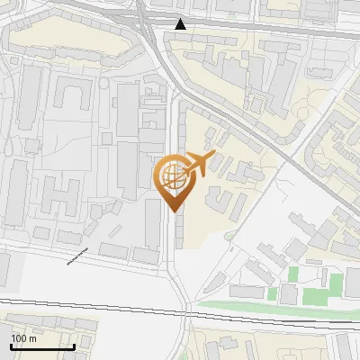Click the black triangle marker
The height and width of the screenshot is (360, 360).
pyautogui.click(x=181, y=23)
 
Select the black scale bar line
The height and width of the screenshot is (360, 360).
pyautogui.click(x=42, y=346)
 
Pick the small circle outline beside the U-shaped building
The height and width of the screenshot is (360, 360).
pyautogui.click(x=103, y=84)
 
